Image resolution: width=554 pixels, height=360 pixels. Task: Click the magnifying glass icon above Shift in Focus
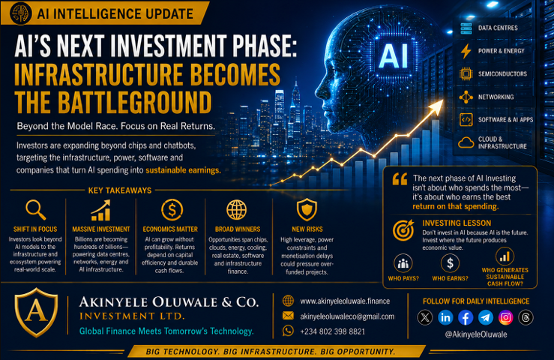click(35, 209)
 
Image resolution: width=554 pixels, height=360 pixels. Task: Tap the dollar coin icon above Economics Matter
click(172, 210)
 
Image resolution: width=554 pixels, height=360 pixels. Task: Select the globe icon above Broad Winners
click(236, 210)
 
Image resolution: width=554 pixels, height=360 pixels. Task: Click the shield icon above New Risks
click(307, 210)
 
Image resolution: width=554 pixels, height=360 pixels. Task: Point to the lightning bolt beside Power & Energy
click(466, 51)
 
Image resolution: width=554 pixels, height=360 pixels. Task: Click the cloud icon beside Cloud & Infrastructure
click(466, 142)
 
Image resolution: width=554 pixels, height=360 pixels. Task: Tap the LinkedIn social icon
click(445, 317)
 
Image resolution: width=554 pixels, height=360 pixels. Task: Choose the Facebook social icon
click(466, 317)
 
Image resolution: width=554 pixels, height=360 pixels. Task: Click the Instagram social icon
click(505, 317)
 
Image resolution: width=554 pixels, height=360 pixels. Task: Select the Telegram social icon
click(486, 317)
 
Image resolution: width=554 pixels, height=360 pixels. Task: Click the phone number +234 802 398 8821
click(332, 331)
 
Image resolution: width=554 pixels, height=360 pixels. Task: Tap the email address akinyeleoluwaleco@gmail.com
click(347, 316)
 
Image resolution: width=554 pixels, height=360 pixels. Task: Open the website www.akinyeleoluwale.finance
click(345, 301)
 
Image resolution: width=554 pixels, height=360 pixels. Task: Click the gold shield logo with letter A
click(36, 312)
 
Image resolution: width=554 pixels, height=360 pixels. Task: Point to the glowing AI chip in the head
click(394, 55)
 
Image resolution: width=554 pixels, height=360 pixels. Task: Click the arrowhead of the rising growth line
click(437, 106)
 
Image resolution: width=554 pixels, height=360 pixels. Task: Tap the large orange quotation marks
click(400, 179)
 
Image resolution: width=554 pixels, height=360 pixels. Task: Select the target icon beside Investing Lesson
click(403, 229)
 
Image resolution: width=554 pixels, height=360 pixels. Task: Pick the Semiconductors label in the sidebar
click(502, 74)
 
